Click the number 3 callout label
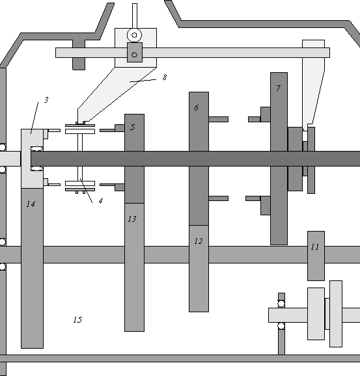(x=46, y=100)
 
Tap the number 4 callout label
(x=101, y=201)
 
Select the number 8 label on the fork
(x=165, y=77)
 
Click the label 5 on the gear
(x=133, y=127)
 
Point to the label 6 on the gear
(x=197, y=108)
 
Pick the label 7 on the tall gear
(x=278, y=88)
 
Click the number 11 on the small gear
(x=315, y=247)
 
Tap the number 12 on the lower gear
(x=199, y=241)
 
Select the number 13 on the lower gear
(x=132, y=219)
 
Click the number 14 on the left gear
(x=31, y=204)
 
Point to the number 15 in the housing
(x=77, y=319)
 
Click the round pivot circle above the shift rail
(x=134, y=35)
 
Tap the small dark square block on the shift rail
(x=135, y=53)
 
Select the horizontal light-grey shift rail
(x=193, y=53)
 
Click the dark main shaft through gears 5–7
(x=195, y=159)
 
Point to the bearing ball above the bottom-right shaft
(x=281, y=304)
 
